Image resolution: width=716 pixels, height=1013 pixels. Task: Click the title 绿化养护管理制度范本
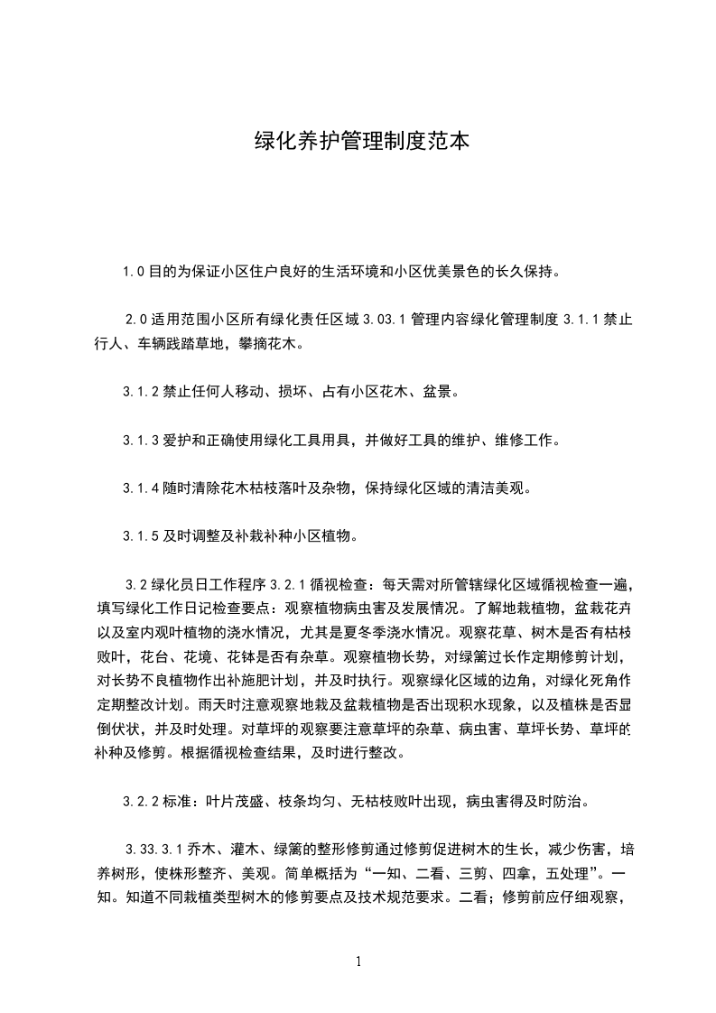358,142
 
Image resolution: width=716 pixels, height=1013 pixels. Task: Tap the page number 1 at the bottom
358,961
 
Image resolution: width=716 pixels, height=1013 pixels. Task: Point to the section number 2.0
135,320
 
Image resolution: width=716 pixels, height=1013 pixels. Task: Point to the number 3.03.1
384,320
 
